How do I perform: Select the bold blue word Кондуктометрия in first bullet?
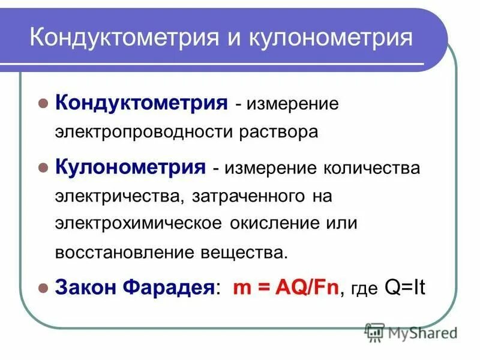pyautogui.click(x=141, y=103)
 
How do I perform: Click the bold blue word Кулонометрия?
pyautogui.click(x=131, y=166)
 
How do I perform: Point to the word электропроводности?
pyautogui.click(x=148, y=132)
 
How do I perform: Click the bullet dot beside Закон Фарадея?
pyautogui.click(x=43, y=288)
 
